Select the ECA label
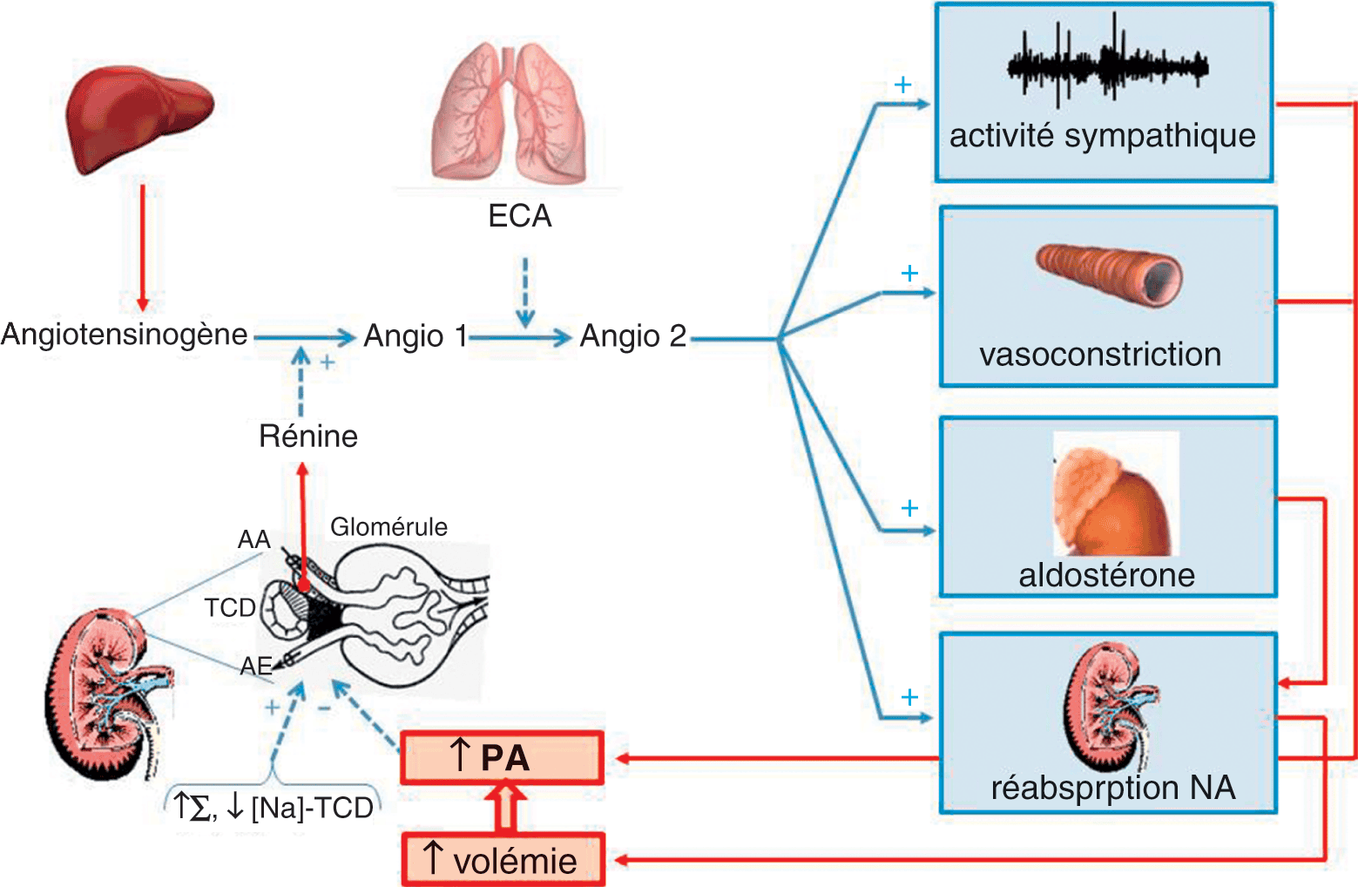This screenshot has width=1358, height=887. (x=520, y=216)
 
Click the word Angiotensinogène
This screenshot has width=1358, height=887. (x=125, y=334)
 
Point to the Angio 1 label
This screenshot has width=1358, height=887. (x=416, y=335)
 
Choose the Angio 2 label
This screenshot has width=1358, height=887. (x=633, y=335)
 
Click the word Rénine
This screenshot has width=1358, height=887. (x=308, y=436)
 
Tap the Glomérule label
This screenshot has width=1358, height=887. (x=388, y=526)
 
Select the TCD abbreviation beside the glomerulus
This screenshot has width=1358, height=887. (x=230, y=607)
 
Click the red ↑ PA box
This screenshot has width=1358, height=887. (x=502, y=757)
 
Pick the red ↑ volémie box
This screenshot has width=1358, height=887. (x=503, y=861)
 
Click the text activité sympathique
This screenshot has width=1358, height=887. (x=1103, y=136)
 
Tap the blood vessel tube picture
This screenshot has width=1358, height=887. (x=1109, y=274)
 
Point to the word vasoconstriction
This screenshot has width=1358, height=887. (x=1100, y=355)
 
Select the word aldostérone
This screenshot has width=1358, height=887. (x=1107, y=575)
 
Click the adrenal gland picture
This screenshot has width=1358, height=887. (x=1114, y=495)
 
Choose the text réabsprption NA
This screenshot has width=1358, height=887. (x=1113, y=788)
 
